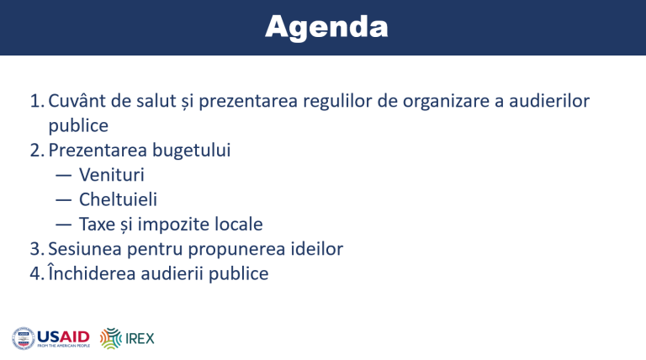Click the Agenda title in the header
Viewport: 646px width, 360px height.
point(326,27)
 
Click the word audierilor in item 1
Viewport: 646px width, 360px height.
point(549,101)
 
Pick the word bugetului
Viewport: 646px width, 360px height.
point(192,151)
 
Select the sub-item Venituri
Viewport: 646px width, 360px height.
point(112,175)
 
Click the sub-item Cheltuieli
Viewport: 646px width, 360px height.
point(119,199)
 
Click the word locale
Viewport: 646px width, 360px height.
point(241,224)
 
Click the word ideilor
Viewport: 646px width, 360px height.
point(317,249)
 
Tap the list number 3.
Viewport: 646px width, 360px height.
point(35,249)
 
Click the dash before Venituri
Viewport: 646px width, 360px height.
point(63,176)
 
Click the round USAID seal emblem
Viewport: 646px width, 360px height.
point(24,339)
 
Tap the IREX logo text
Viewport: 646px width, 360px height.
point(140,339)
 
